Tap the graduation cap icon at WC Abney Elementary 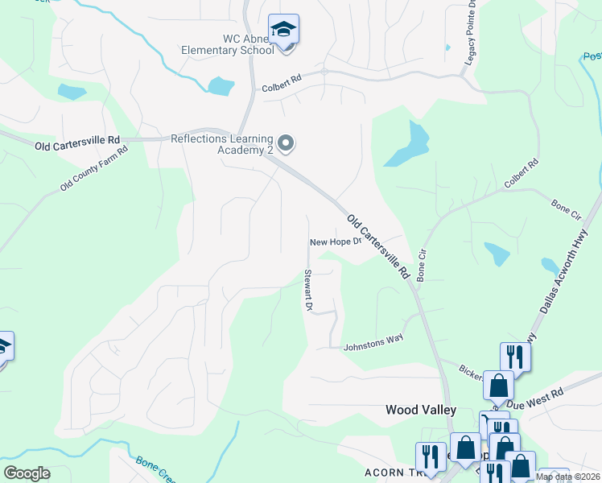pyautogui.click(x=283, y=30)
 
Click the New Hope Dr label pyautogui.click(x=333, y=242)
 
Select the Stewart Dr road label pyautogui.click(x=307, y=290)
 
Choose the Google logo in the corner pyautogui.click(x=27, y=473)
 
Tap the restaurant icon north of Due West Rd pyautogui.click(x=515, y=357)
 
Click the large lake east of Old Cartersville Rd pyautogui.click(x=410, y=145)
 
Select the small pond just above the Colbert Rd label pyautogui.click(x=220, y=85)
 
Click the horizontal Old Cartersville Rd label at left pyautogui.click(x=77, y=146)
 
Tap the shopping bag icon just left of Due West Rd pyautogui.click(x=498, y=386)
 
